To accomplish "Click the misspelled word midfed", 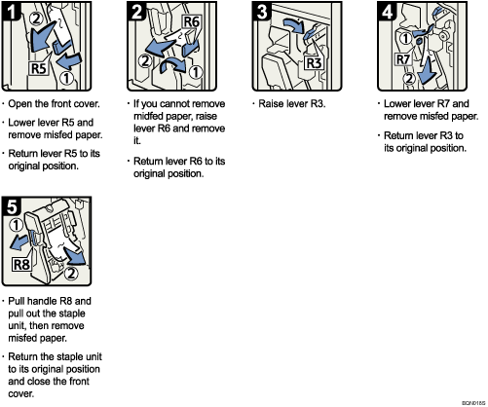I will (150, 115).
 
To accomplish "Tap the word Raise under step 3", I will (270, 103).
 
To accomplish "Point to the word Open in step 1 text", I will (24, 103).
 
